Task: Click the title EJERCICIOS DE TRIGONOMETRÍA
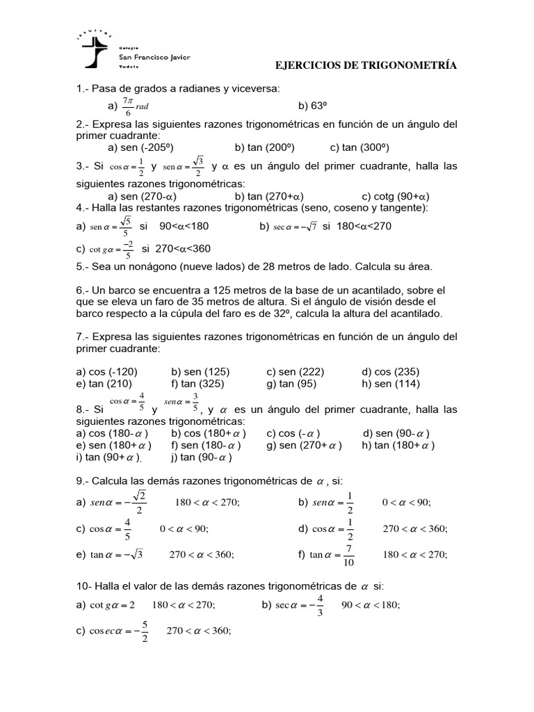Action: click(x=366, y=65)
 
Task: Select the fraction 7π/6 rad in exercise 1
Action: click(x=134, y=106)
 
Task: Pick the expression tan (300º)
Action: click(x=365, y=147)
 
